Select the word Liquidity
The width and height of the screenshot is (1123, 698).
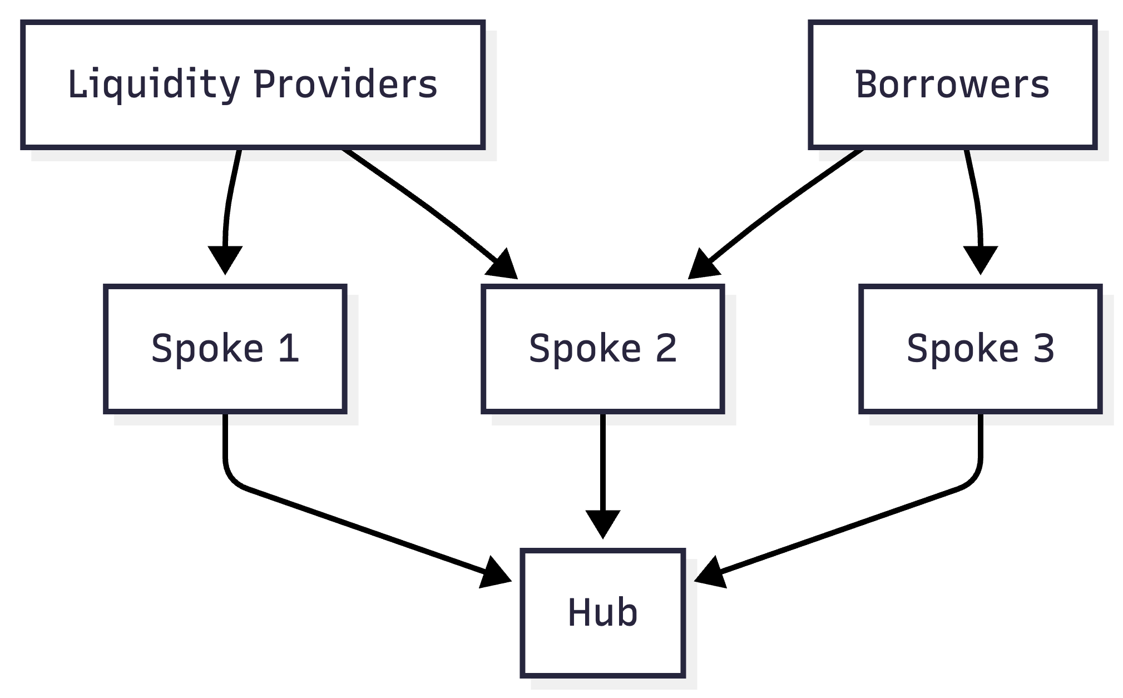154,85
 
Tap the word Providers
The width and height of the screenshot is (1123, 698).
345,85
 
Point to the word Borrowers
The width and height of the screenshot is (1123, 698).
952,85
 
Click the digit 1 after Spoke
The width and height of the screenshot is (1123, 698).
289,349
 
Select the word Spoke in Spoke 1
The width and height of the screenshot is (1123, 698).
207,349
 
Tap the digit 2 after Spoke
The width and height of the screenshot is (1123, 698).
666,349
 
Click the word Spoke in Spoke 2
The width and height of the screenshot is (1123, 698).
585,349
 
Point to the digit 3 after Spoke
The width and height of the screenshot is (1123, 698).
1043,349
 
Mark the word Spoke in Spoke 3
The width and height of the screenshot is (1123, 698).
962,349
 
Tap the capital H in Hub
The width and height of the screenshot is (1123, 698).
578,612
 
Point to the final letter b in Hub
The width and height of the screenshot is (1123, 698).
627,612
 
